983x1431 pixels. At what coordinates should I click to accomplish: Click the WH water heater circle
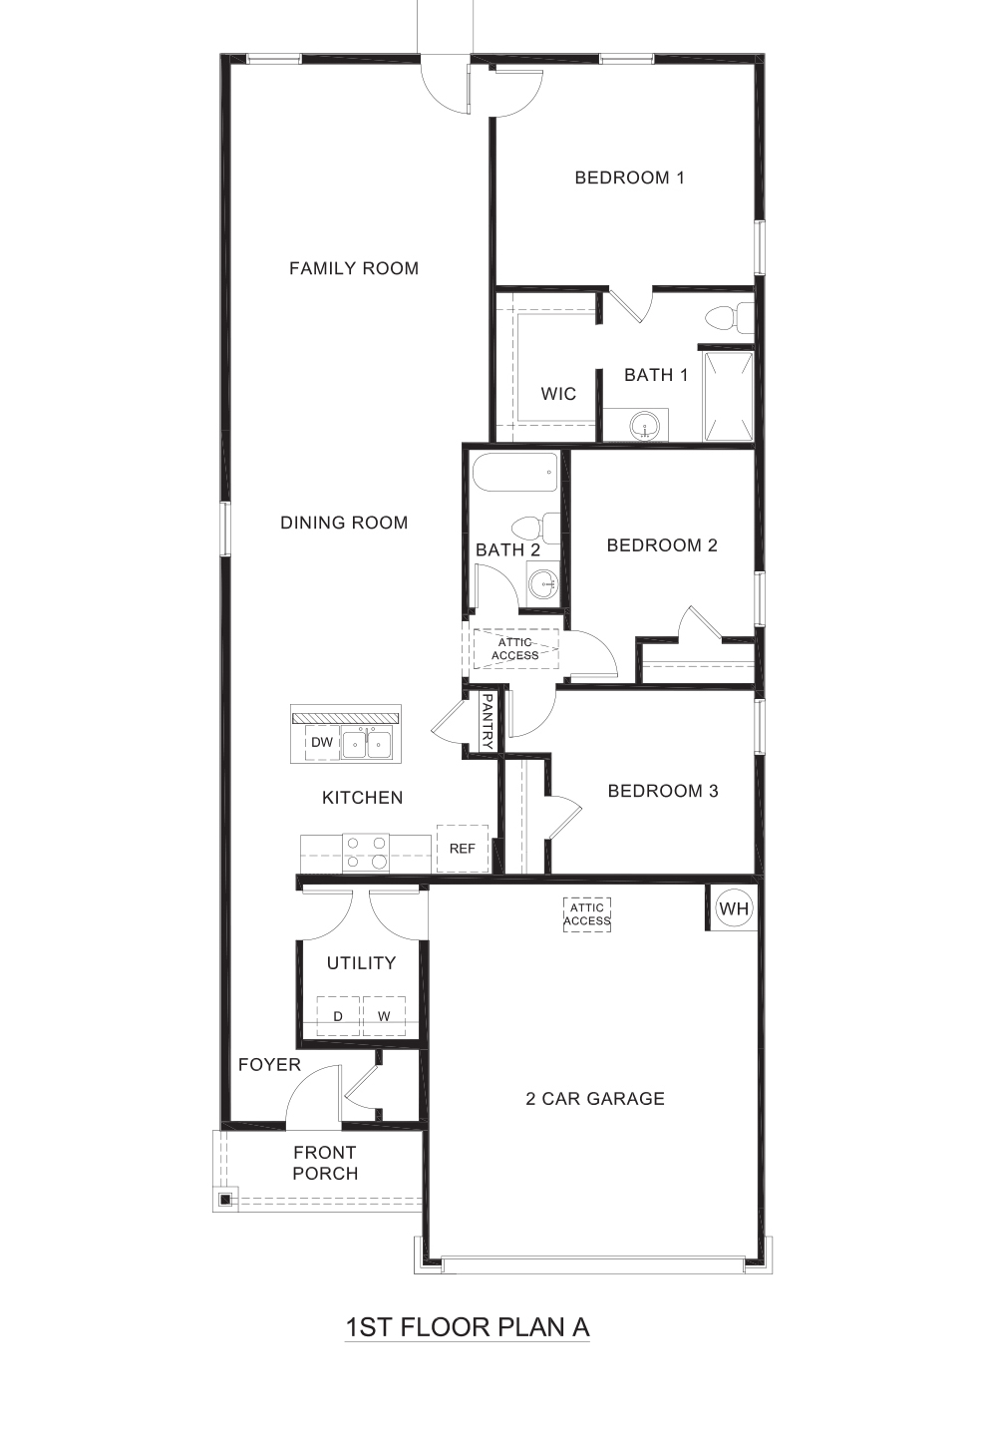[x=734, y=908]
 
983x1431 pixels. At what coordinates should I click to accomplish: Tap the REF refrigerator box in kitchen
[x=462, y=849]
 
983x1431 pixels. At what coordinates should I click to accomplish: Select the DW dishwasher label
[x=322, y=742]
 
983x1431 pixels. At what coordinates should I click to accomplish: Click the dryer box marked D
[x=338, y=1016]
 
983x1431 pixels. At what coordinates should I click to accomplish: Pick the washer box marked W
[x=384, y=1016]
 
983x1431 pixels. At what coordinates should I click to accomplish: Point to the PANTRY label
[x=488, y=722]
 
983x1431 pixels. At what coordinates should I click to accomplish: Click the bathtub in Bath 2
[x=514, y=472]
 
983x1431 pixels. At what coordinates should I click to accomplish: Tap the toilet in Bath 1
[x=731, y=318]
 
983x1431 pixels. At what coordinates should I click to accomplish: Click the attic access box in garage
[x=587, y=914]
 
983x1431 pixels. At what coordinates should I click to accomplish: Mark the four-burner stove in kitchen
[x=366, y=853]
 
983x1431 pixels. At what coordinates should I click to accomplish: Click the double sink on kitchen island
[x=367, y=743]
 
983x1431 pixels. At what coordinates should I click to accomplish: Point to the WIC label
[x=558, y=394]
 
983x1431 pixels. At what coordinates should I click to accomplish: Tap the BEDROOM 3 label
[x=663, y=791]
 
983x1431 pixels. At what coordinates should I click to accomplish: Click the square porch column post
[x=226, y=1199]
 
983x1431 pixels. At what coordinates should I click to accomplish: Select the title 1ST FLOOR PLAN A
[x=468, y=1327]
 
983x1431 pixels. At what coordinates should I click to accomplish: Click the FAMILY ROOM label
[x=354, y=268]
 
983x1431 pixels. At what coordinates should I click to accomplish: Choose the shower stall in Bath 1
[x=728, y=396]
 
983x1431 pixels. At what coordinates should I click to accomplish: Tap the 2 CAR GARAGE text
[x=595, y=1099]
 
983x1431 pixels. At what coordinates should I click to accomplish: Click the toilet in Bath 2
[x=537, y=527]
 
